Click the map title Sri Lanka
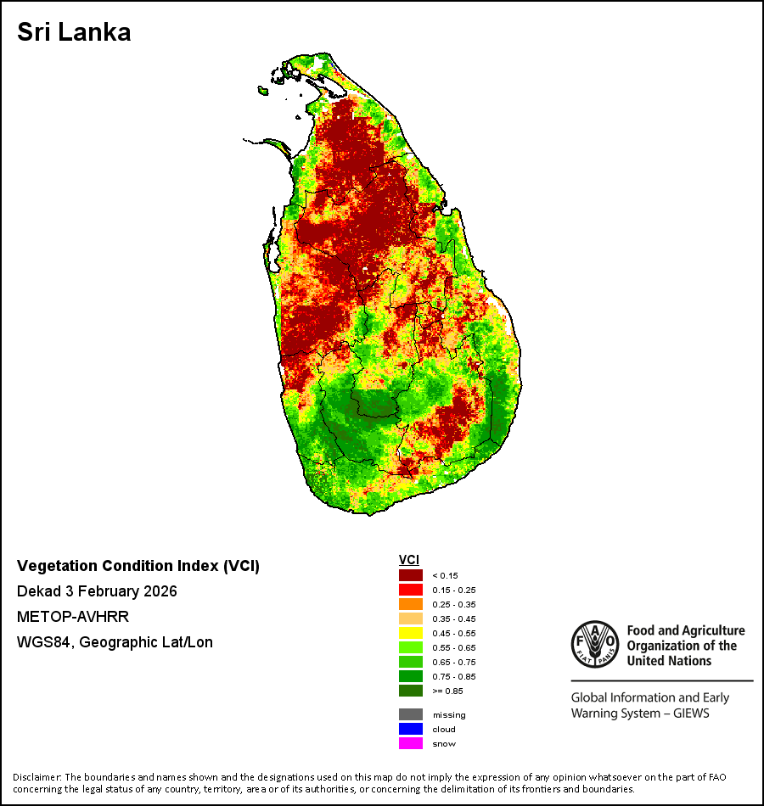74,32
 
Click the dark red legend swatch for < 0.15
411,575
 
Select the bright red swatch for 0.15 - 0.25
411,590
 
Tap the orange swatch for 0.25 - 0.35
411,604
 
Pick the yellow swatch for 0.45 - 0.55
411,633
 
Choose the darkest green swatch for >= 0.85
411,691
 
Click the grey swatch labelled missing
411,714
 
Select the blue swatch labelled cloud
411,729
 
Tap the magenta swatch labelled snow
411,743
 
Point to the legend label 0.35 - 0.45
454,618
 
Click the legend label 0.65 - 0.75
454,662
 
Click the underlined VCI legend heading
409,560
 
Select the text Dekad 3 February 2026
97,591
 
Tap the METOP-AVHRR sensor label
73,616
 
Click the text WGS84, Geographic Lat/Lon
115,642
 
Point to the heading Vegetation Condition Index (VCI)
138,566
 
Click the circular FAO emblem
595,644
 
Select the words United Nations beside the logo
669,661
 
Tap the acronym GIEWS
691,714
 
